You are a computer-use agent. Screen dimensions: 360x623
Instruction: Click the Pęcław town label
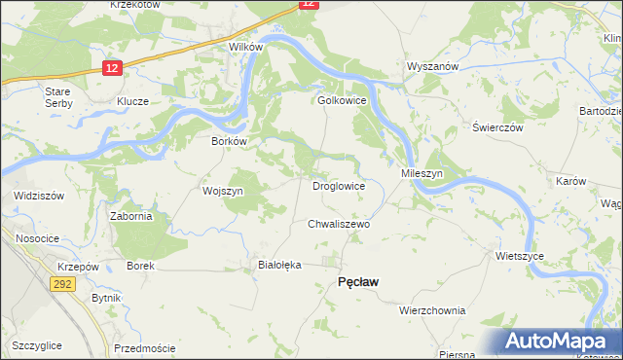pos(357,281)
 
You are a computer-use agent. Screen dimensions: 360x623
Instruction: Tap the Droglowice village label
pos(338,185)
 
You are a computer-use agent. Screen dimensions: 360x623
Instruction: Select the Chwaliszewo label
pos(339,224)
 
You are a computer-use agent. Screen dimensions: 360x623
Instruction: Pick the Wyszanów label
pos(431,66)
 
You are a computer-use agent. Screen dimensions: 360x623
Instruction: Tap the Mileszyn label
pos(422,172)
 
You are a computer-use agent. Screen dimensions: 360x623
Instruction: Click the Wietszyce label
pos(519,256)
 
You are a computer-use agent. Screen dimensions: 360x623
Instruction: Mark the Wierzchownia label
pos(432,310)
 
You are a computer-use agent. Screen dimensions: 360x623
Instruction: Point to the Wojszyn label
pos(222,191)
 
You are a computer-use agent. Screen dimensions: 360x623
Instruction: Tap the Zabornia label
pos(130,217)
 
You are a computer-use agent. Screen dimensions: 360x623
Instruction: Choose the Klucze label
pos(132,101)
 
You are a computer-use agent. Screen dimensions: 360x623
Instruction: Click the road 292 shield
pos(63,283)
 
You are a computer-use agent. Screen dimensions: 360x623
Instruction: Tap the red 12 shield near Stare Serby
pos(112,67)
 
